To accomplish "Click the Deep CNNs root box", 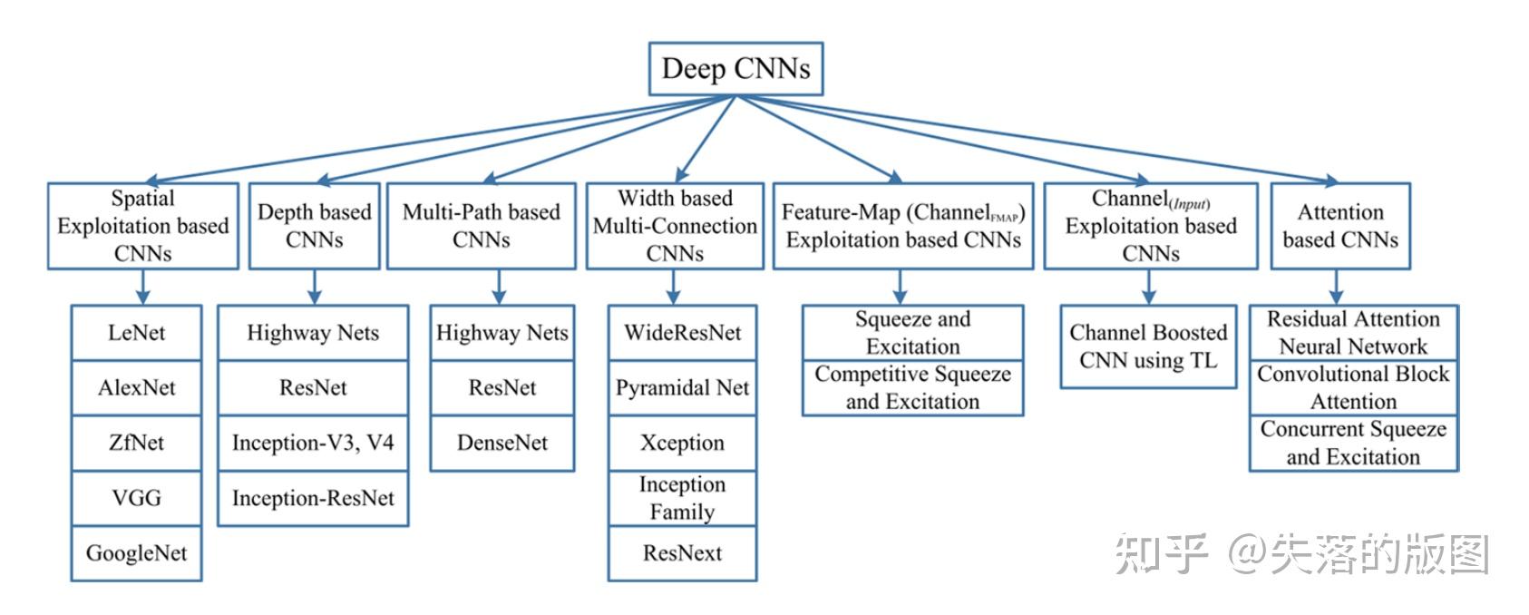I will point(735,69).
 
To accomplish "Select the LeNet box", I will point(136,333).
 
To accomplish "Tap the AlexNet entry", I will point(136,388).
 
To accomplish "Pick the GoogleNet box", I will point(136,553).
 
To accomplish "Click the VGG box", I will point(136,498).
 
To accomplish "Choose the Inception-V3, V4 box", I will point(313,443).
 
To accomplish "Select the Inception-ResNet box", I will point(313,498).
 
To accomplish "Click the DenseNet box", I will point(502,443).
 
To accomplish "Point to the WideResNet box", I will point(682,333).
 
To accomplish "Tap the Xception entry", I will point(682,443).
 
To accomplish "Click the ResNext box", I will point(682,553).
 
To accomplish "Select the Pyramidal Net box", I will point(682,388).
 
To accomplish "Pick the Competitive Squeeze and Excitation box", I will point(912,388).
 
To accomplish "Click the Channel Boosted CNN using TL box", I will point(1148,347).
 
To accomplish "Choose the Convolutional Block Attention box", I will point(1353,388).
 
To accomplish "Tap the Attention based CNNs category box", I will point(1340,226).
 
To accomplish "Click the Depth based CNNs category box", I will point(314,226).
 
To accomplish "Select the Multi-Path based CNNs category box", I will point(481,226).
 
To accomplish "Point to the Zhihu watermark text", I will point(1301,554).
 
